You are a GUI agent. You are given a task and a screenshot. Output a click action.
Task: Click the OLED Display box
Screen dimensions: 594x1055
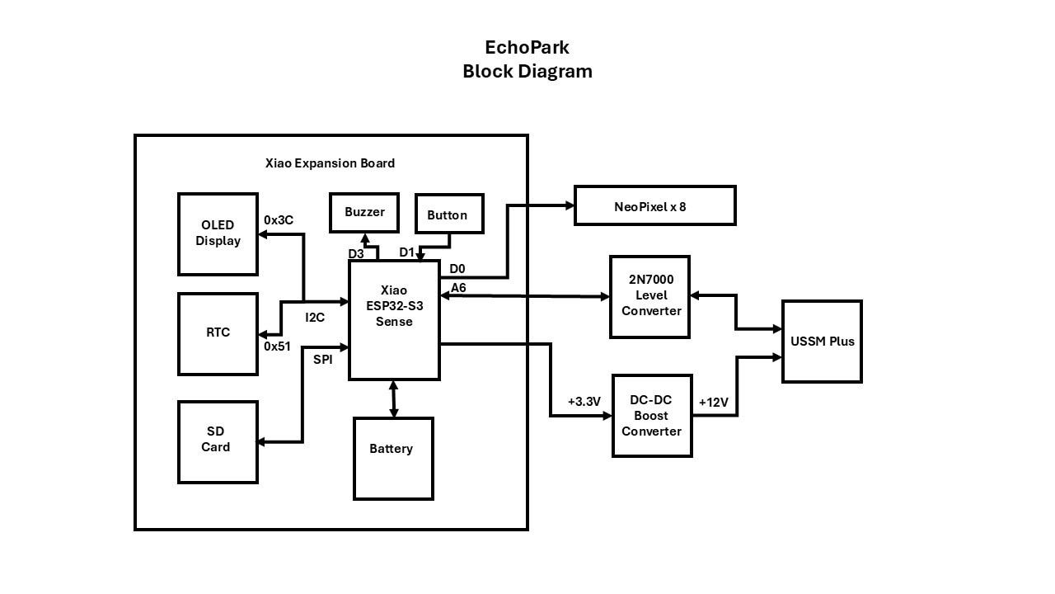point(218,233)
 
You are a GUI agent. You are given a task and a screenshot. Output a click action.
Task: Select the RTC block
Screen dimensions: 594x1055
point(218,333)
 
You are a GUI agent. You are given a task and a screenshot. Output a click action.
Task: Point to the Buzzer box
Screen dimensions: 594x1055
point(364,212)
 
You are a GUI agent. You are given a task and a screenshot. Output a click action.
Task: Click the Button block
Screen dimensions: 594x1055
point(448,214)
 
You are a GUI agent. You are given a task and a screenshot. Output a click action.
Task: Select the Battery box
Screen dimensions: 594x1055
point(393,458)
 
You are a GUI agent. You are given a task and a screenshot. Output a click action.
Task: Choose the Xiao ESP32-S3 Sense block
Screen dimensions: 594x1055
point(394,320)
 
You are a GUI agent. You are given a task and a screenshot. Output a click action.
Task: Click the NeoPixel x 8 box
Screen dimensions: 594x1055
point(654,205)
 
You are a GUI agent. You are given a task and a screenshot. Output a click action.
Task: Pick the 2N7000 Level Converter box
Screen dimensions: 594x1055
point(650,296)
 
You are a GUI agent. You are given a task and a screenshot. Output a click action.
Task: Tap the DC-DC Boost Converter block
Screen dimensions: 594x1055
point(652,415)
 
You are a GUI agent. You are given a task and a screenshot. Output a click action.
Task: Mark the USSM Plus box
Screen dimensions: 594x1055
point(822,341)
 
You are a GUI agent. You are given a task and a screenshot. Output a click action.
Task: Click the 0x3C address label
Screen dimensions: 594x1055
point(279,220)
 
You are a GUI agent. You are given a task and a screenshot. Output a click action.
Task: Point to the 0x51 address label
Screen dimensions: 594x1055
point(277,346)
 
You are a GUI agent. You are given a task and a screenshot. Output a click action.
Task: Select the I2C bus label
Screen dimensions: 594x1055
point(315,317)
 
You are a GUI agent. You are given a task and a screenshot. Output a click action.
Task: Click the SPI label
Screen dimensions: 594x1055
point(323,359)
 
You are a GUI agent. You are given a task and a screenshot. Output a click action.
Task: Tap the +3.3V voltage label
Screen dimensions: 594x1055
point(584,402)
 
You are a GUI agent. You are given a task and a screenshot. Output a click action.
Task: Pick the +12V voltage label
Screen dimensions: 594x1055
point(713,403)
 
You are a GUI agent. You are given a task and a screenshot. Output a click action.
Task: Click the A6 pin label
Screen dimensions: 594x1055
point(458,287)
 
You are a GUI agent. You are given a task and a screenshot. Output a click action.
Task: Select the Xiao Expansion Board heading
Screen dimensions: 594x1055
point(330,163)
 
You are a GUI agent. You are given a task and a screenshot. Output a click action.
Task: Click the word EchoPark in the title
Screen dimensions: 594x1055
point(527,47)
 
